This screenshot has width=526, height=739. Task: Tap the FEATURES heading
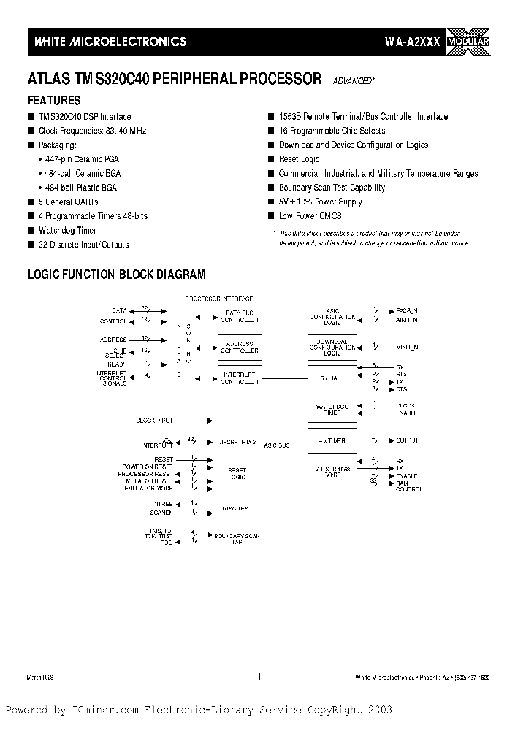54,101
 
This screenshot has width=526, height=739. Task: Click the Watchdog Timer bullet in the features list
67,231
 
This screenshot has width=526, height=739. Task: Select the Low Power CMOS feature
310,216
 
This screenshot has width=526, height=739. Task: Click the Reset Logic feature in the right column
299,159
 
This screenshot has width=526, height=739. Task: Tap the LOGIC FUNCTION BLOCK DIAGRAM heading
116,275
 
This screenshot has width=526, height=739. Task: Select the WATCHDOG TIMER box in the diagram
332,409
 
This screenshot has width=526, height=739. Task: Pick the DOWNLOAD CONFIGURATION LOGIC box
332,348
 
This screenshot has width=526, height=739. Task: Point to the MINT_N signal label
406,347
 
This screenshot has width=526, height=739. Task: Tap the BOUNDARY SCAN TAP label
236,539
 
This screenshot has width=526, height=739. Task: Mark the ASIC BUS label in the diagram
277,444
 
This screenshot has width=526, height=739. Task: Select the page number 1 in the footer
259,677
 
